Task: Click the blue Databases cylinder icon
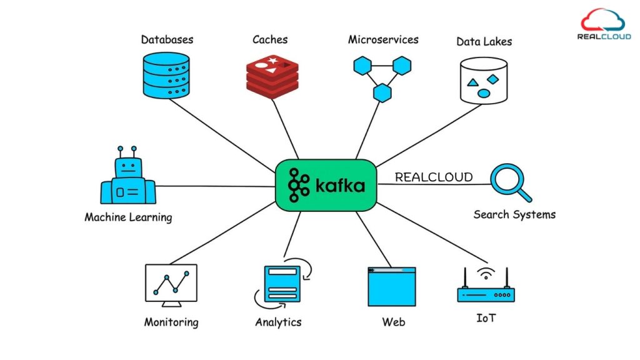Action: pyautogui.click(x=166, y=75)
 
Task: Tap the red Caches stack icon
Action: pyautogui.click(x=271, y=77)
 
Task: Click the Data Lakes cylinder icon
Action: pyautogui.click(x=483, y=80)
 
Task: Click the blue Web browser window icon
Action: pyautogui.click(x=392, y=286)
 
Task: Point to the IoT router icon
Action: pyautogui.click(x=486, y=290)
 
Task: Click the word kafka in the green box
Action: pyautogui.click(x=339, y=186)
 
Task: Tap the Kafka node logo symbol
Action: pyautogui.click(x=299, y=185)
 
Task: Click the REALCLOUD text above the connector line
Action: pyautogui.click(x=433, y=177)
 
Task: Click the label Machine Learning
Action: pyautogui.click(x=128, y=217)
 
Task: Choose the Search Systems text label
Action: pyautogui.click(x=514, y=214)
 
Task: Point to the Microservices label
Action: pyautogui.click(x=383, y=39)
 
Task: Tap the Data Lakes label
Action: pyautogui.click(x=484, y=41)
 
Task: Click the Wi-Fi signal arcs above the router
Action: pyautogui.click(x=486, y=273)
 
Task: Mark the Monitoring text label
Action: pyautogui.click(x=171, y=322)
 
